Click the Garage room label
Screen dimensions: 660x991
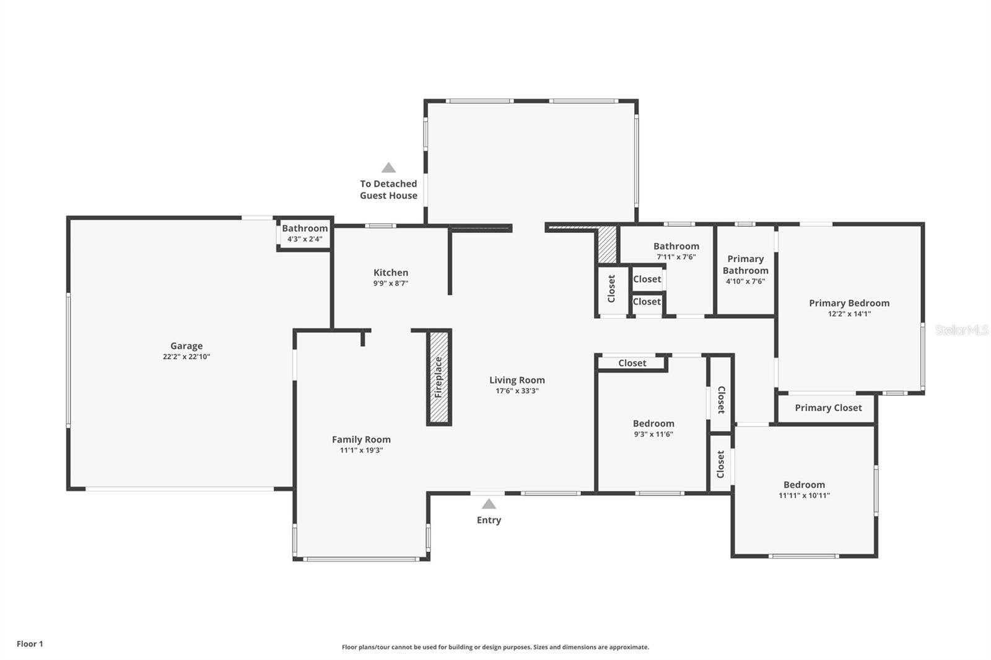[186, 346]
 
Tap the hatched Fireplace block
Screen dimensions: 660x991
[439, 377]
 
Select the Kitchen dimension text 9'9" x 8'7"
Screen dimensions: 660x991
[390, 284]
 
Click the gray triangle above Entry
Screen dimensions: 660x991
[489, 504]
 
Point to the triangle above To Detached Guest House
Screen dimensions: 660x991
[388, 168]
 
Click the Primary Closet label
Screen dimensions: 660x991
[828, 408]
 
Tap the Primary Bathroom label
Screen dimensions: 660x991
[745, 265]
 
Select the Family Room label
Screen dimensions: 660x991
[361, 440]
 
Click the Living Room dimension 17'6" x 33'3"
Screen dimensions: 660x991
[517, 391]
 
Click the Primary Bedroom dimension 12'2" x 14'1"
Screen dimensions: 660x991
[849, 314]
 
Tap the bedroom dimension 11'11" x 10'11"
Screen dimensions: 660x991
[804, 495]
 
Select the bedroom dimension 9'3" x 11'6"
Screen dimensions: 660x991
[653, 434]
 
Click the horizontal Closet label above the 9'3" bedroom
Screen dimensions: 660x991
[632, 363]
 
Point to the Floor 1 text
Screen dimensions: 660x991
[30, 644]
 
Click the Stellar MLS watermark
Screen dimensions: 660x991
[961, 330]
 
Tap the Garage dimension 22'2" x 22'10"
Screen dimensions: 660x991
[186, 357]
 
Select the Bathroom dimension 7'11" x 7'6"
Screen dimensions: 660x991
[676, 257]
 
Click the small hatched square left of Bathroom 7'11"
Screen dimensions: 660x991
[607, 245]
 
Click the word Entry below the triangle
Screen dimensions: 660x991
[489, 520]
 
